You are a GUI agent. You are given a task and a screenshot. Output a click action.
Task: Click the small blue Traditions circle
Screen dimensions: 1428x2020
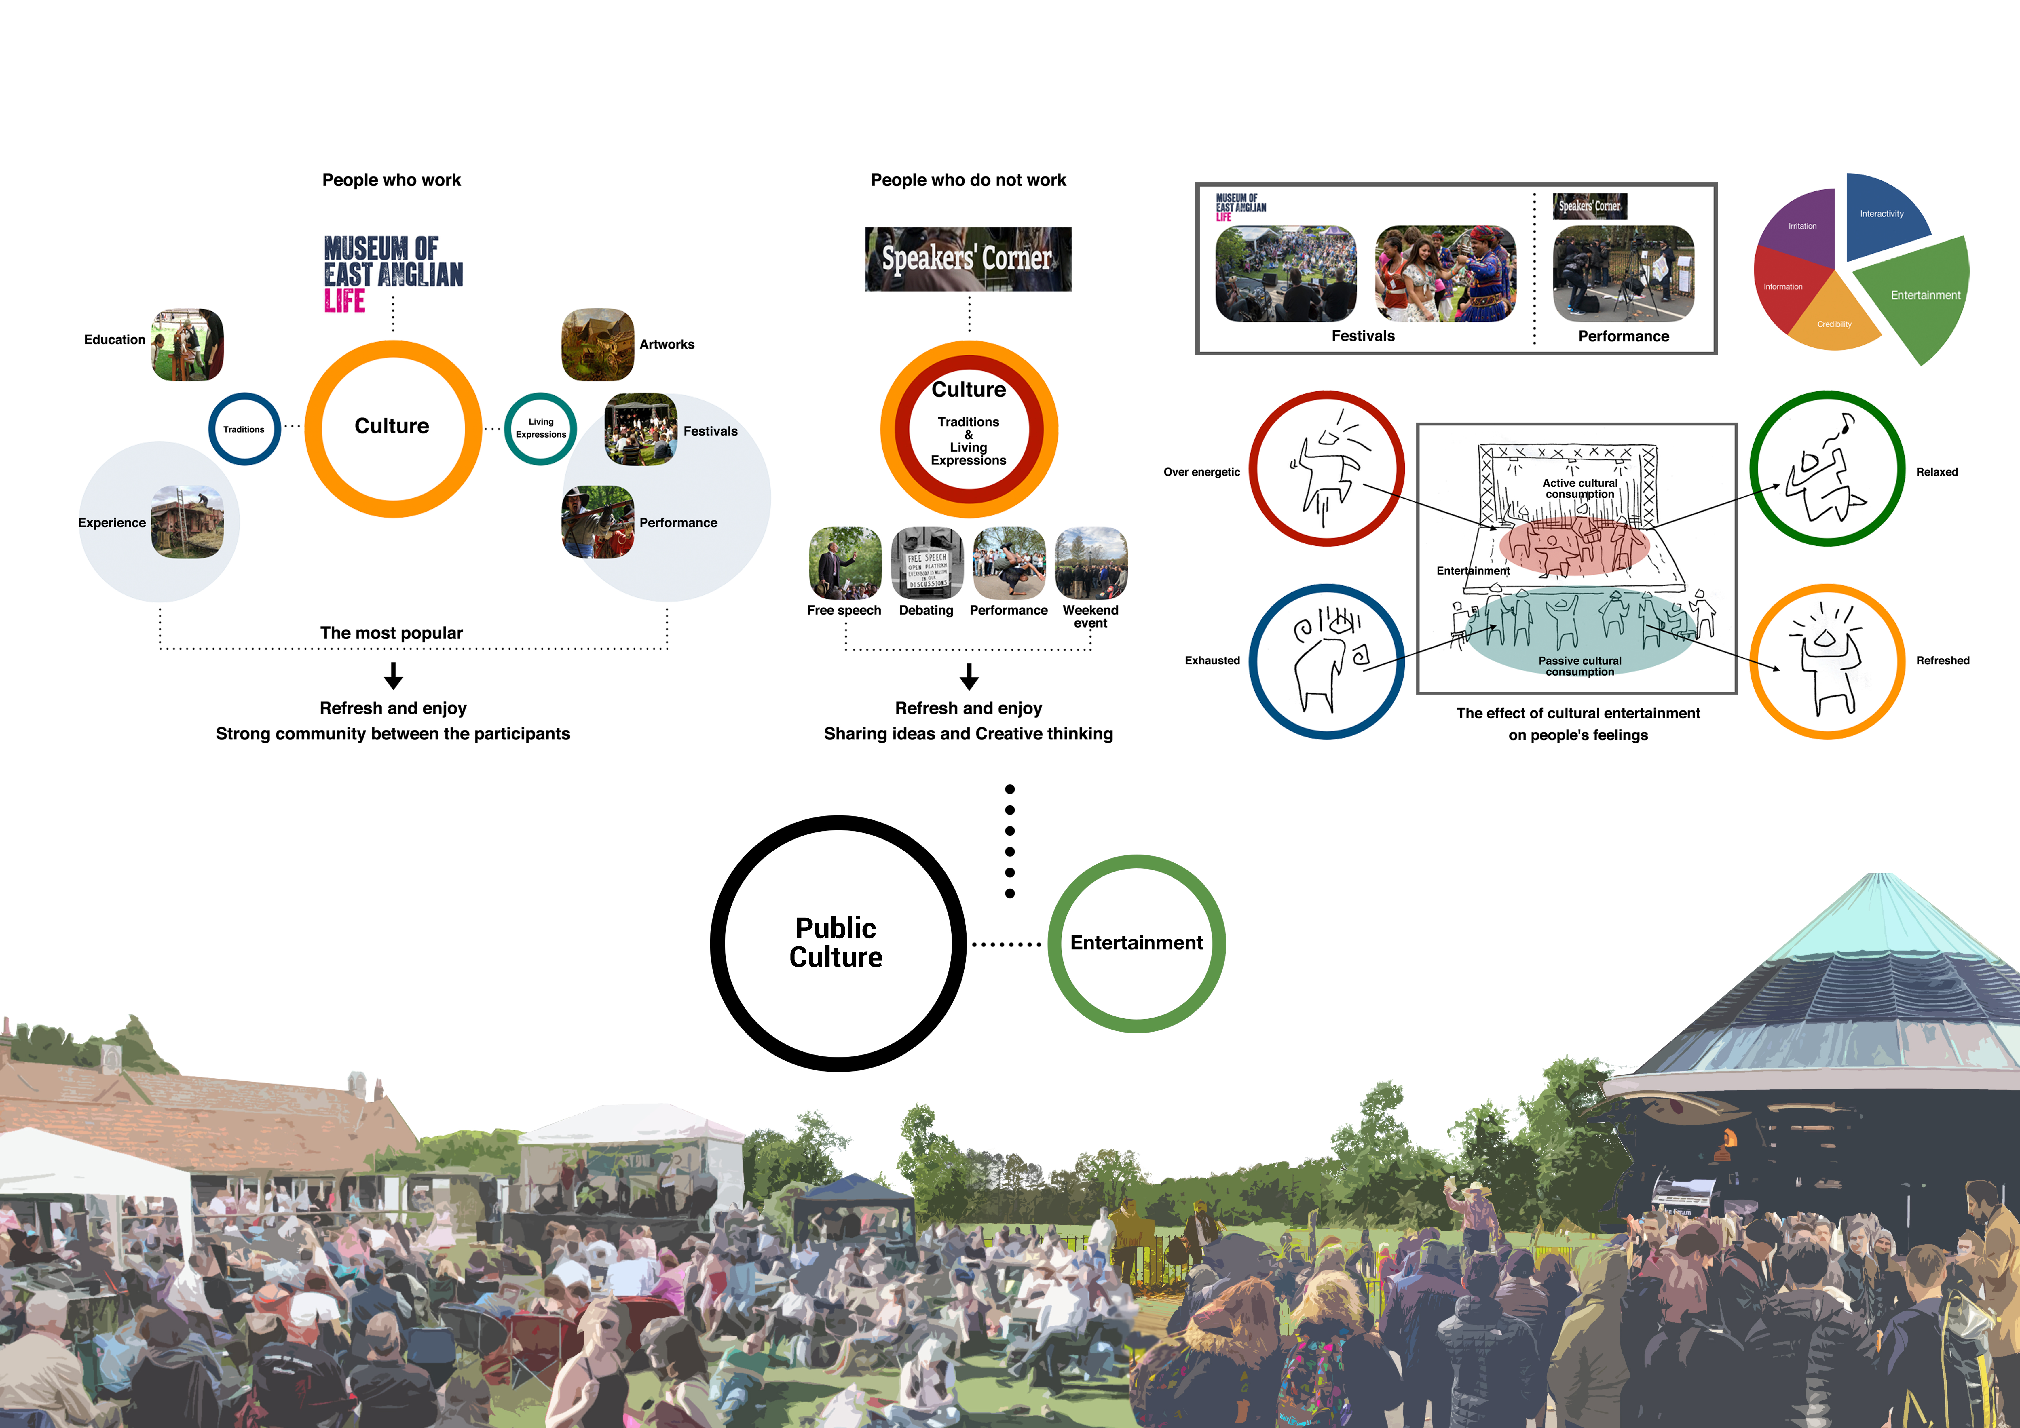click(x=244, y=429)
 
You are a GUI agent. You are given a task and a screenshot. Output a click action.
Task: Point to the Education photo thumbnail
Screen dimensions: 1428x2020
click(x=187, y=345)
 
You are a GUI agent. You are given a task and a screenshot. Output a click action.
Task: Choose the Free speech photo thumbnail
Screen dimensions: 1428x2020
click(x=845, y=563)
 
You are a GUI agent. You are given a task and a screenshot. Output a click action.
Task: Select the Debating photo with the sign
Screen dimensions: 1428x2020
click(x=927, y=563)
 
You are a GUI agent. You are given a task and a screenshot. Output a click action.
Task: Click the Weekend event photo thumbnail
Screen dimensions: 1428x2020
click(x=1091, y=563)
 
